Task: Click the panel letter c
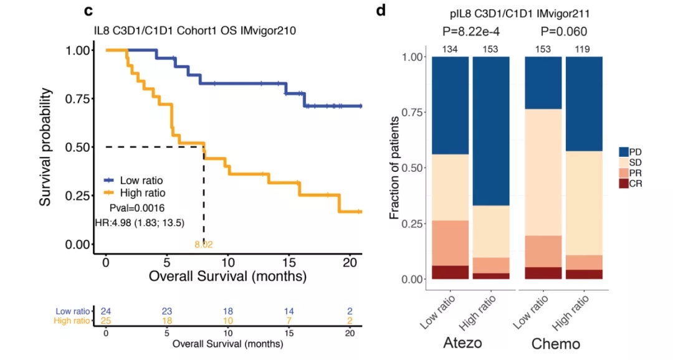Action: pyautogui.click(x=89, y=11)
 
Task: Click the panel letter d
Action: pyautogui.click(x=381, y=11)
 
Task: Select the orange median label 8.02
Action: pyautogui.click(x=204, y=245)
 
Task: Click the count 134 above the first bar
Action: pyautogui.click(x=450, y=49)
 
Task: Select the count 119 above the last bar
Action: pyautogui.click(x=585, y=49)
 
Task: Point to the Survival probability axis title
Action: pyautogui.click(x=45, y=147)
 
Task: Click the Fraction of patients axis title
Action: pyautogui.click(x=394, y=168)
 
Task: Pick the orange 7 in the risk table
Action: pyautogui.click(x=290, y=320)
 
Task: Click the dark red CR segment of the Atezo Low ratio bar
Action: pyautogui.click(x=450, y=272)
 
